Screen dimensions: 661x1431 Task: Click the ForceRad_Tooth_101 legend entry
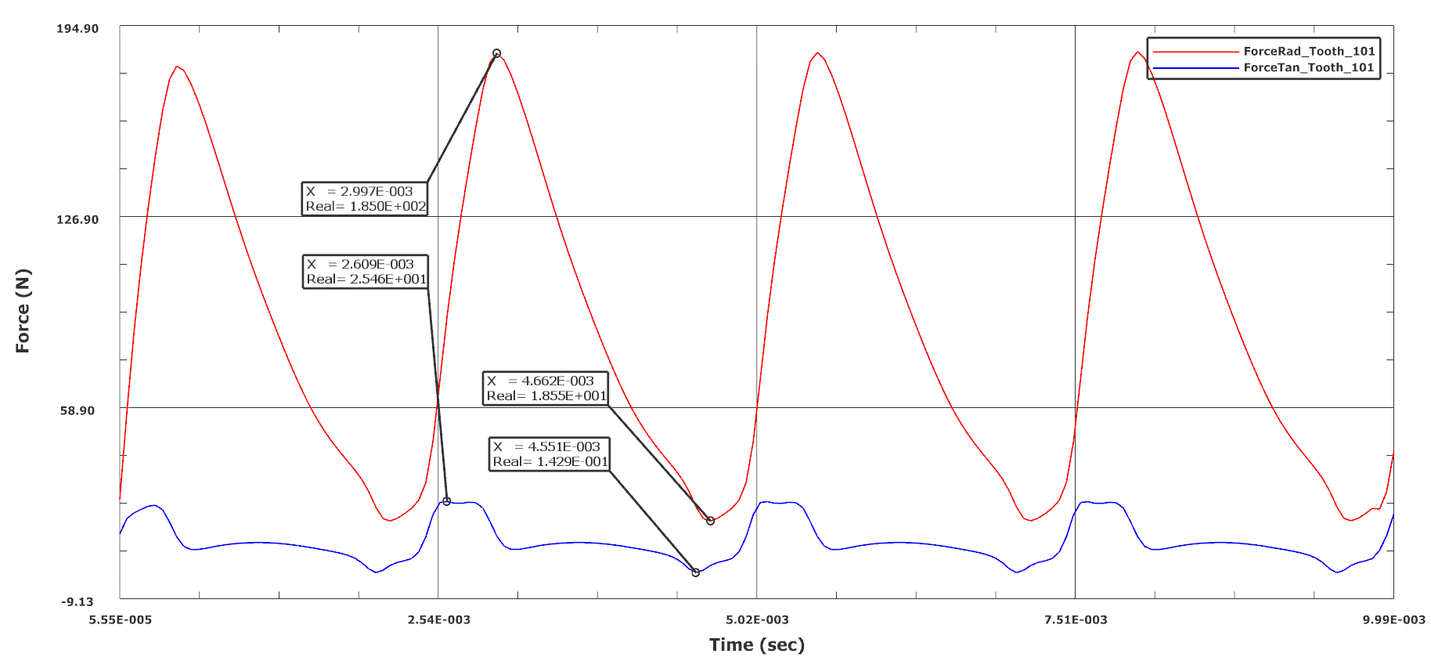1309,51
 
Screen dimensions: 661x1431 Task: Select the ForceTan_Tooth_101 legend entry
1309,67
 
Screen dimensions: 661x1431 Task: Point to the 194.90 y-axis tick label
77,29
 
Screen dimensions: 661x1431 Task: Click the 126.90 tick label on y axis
77,219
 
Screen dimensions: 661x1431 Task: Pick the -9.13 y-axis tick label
77,601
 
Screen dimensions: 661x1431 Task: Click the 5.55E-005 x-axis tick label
121,619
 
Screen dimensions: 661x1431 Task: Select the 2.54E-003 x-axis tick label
439,619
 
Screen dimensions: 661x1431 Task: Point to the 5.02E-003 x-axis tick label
757,619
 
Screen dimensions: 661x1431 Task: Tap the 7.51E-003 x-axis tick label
1076,619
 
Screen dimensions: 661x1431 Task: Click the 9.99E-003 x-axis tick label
1393,619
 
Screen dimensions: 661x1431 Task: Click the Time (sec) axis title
756,645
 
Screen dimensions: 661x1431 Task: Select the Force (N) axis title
23,311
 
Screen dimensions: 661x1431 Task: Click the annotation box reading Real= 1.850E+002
365,199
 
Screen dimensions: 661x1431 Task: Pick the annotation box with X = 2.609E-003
366,272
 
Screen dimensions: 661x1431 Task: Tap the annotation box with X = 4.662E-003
545,388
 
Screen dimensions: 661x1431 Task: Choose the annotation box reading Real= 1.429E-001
550,454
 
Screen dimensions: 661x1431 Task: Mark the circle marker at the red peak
496,53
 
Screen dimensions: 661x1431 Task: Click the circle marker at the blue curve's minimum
695,573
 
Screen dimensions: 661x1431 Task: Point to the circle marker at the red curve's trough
710,521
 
